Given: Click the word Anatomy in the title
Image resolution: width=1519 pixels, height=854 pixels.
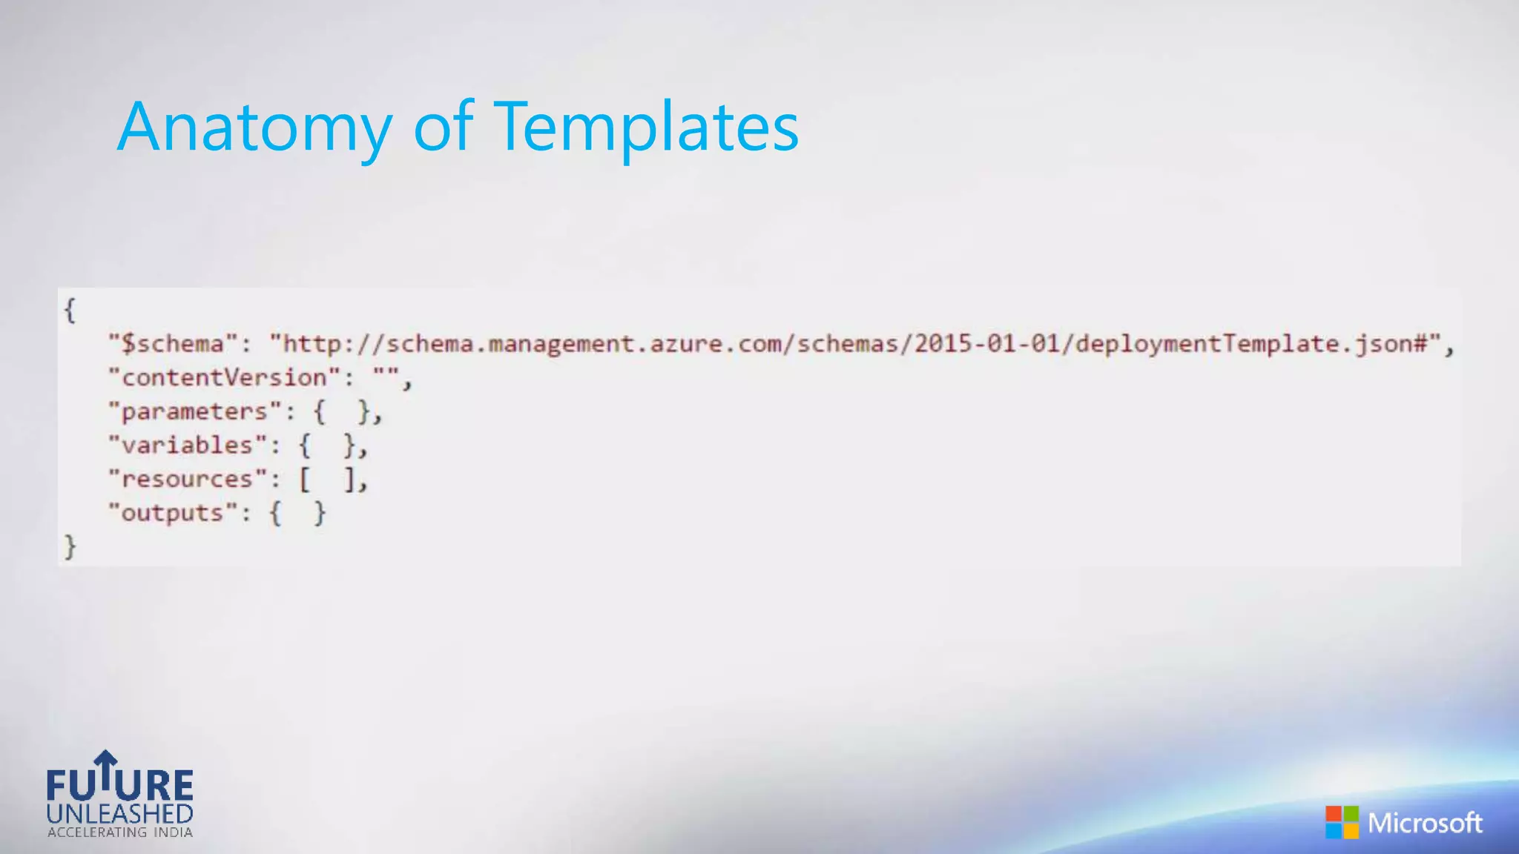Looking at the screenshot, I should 254,128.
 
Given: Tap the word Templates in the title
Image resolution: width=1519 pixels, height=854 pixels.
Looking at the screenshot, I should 645,128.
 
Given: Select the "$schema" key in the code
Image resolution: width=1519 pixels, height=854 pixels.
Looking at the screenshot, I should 173,344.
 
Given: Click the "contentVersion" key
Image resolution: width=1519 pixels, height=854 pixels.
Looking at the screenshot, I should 224,377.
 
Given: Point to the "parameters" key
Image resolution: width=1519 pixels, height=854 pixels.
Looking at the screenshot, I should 194,411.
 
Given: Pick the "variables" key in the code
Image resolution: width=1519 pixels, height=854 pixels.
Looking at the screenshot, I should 187,445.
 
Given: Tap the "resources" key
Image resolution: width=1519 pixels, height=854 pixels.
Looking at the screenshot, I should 187,479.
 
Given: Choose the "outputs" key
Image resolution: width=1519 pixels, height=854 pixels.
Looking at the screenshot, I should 172,513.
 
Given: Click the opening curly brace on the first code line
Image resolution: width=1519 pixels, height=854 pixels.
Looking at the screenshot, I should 70,310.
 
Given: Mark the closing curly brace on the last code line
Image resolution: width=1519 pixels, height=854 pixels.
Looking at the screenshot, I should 70,547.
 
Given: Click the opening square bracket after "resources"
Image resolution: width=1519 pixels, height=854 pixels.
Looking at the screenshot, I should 305,480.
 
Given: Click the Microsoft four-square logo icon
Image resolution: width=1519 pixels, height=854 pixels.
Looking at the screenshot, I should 1342,823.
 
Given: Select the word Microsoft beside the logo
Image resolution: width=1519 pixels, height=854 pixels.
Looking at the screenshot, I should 1425,823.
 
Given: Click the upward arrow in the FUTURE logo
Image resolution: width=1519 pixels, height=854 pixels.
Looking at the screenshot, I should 106,768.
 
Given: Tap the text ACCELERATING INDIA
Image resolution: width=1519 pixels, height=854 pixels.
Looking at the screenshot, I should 120,833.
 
